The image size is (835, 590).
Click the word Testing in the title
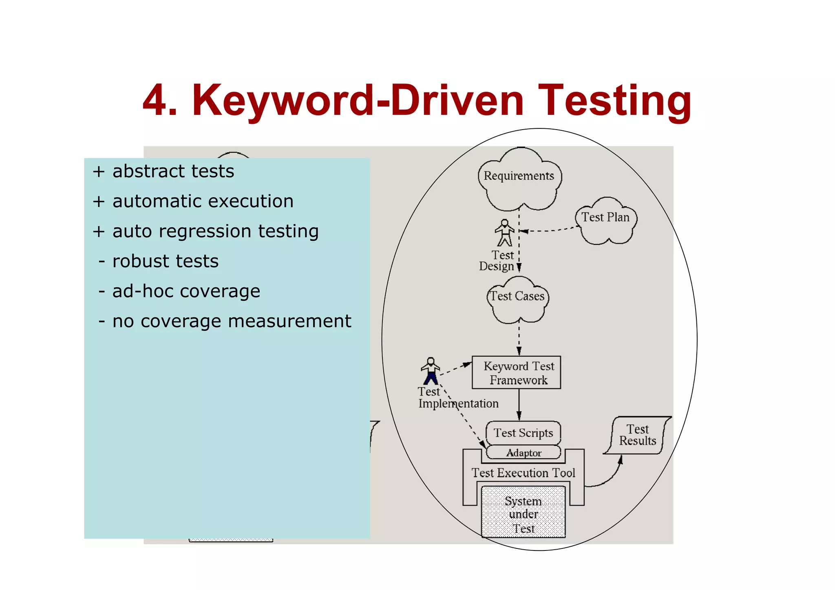[614, 101]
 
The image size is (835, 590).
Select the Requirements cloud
[519, 179]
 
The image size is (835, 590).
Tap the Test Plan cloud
[606, 220]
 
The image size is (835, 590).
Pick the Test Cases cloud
[517, 299]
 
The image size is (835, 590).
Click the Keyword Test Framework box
[516, 372]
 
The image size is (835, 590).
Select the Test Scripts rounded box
[523, 433]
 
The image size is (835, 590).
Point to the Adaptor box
[524, 453]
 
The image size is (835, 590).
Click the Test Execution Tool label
[523, 473]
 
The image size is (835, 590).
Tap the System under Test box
[523, 513]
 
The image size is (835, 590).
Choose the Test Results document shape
[637, 435]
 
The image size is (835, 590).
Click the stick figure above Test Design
[505, 233]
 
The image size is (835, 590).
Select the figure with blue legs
[431, 371]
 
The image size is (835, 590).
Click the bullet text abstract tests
[173, 171]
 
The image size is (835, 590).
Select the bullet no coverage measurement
[231, 321]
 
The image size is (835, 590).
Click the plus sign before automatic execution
[99, 201]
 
